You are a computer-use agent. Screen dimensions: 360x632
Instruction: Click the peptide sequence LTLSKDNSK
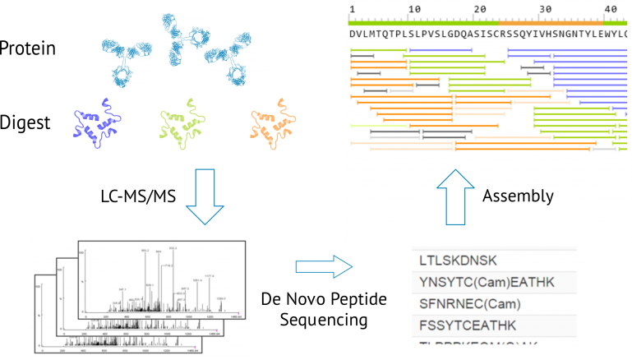(x=459, y=261)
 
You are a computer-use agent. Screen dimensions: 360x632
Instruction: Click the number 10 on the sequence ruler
(x=414, y=7)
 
